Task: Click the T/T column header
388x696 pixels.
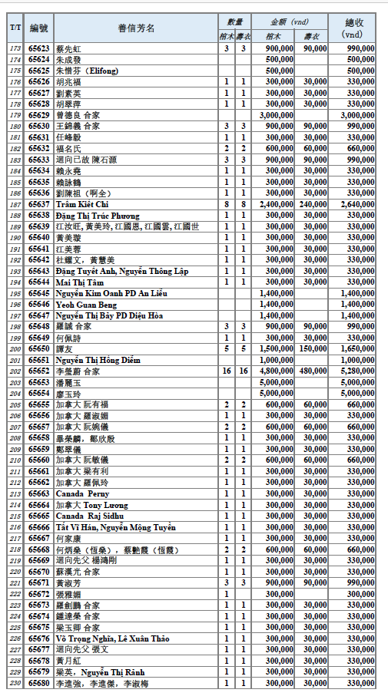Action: (x=15, y=28)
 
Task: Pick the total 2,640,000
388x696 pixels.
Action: (x=357, y=205)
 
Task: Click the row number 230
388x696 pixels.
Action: (x=15, y=683)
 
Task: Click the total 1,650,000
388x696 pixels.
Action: (x=357, y=348)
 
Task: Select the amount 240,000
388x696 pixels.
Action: (x=311, y=205)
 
